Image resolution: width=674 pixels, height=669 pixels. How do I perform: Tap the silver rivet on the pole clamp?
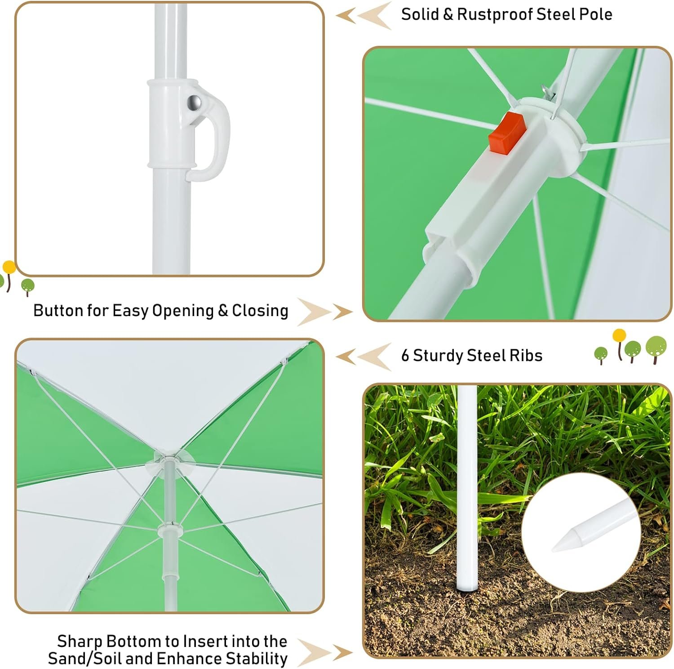pos(195,103)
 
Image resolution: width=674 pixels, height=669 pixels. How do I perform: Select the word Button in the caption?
pos(58,310)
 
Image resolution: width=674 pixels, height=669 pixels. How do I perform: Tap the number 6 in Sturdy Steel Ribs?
pos(405,356)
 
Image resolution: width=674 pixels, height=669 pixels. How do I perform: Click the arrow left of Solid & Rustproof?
pos(364,16)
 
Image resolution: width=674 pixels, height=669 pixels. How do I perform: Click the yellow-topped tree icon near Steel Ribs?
pos(619,344)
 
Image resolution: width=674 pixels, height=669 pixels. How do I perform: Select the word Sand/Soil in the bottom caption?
pos(84,659)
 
